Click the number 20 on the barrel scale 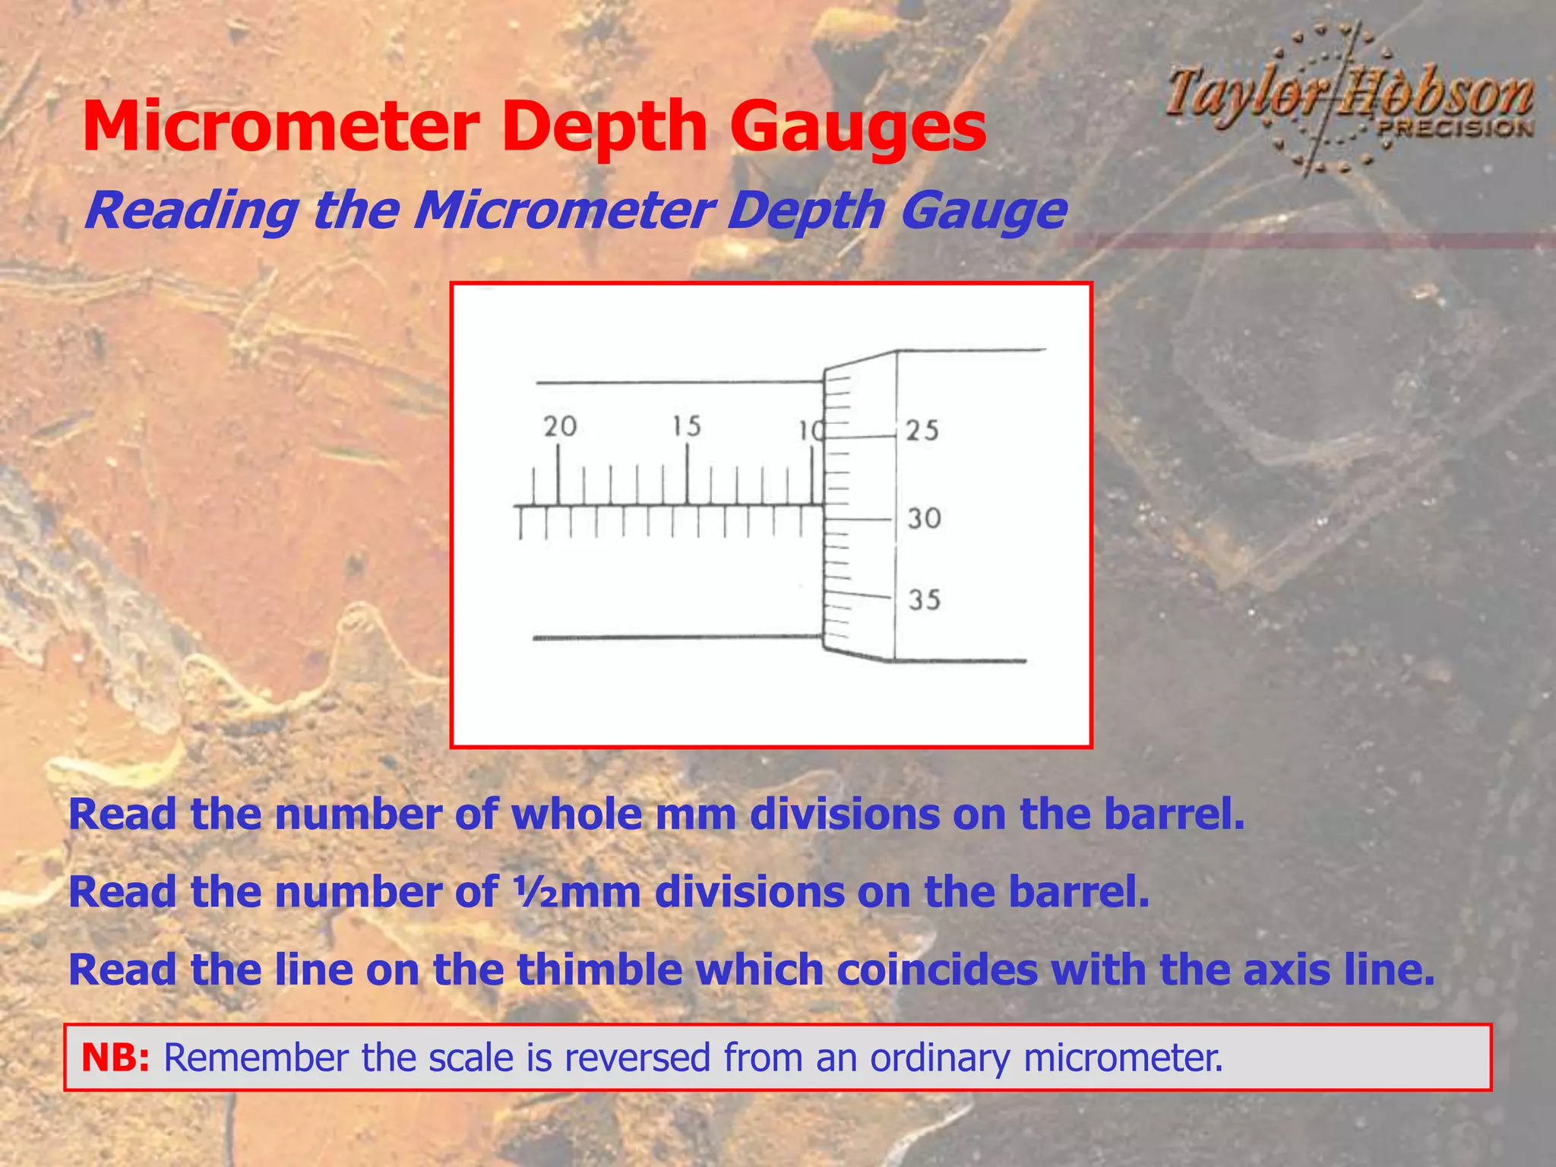tap(560, 426)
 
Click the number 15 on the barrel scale tap(686, 426)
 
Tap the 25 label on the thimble tap(922, 431)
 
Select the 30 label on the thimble tap(925, 519)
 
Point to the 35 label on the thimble tap(925, 600)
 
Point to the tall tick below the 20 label tap(558, 475)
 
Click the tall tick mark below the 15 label tap(688, 475)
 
